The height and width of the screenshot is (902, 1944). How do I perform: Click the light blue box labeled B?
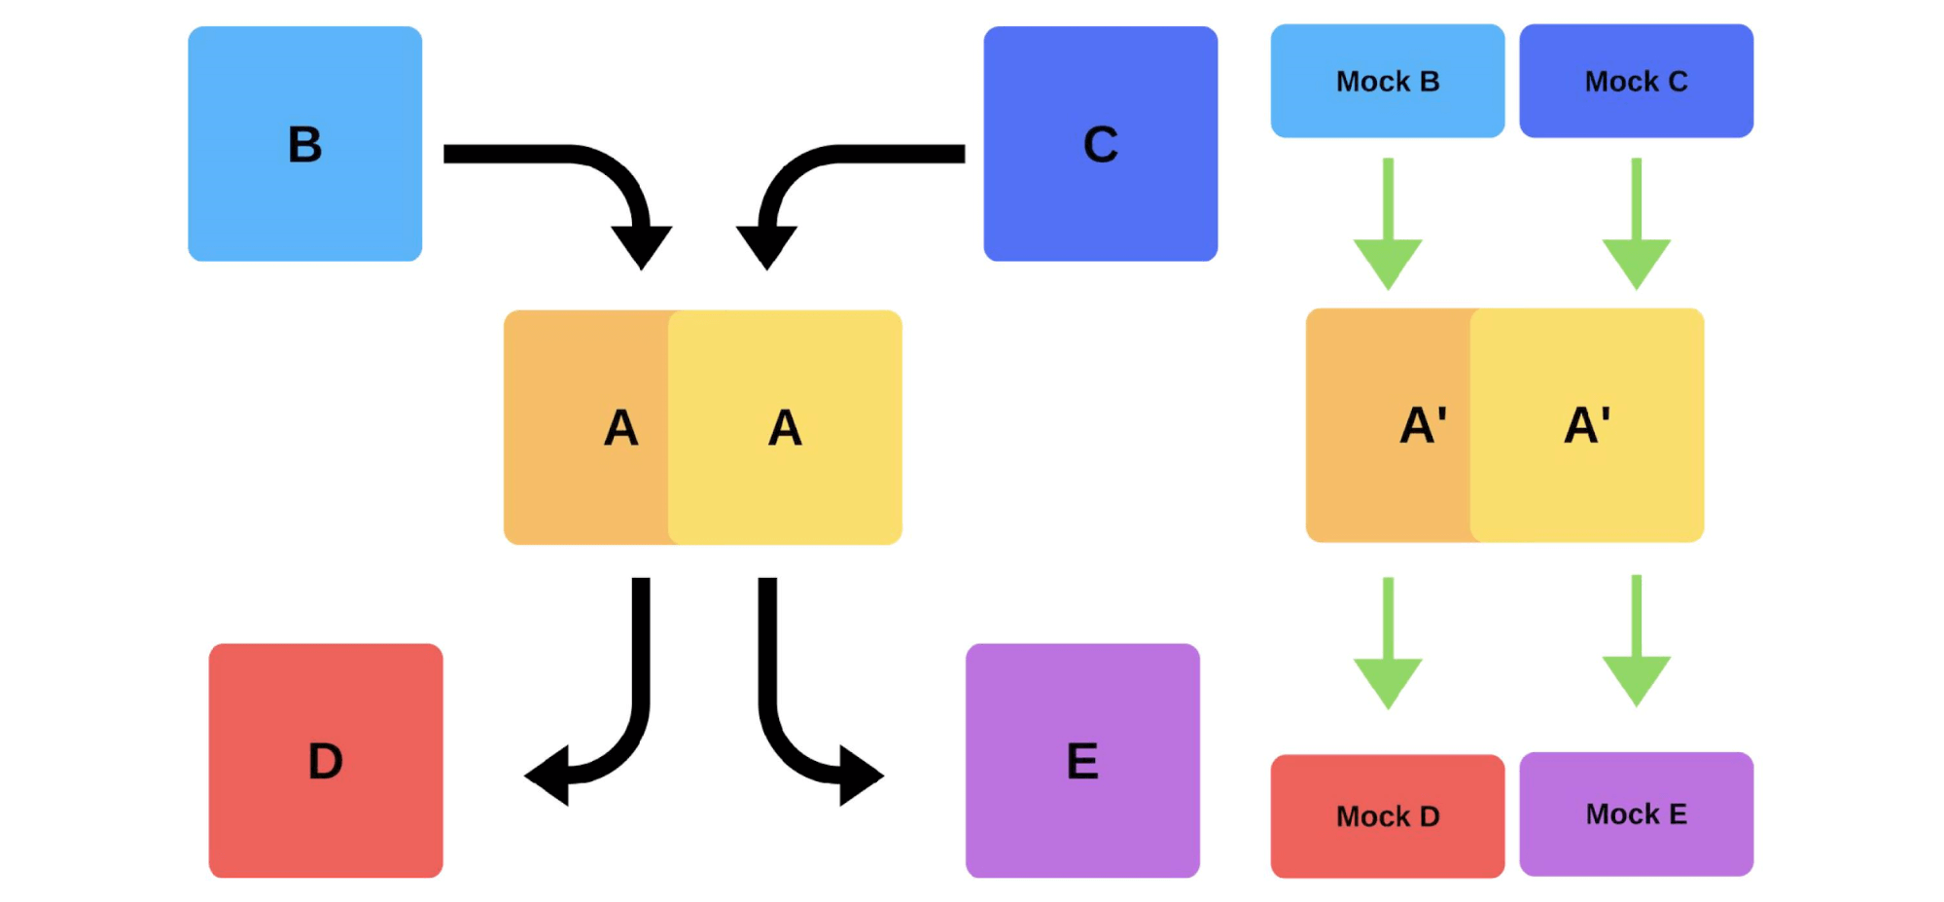coord(304,144)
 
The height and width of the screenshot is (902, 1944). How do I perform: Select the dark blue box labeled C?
coord(1100,144)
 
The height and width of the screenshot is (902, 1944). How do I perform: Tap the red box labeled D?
coord(326,760)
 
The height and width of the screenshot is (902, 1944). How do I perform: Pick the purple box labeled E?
coord(1082,760)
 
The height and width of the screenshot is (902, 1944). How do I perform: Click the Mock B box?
coord(1387,81)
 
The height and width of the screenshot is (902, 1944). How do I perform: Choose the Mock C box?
coord(1636,81)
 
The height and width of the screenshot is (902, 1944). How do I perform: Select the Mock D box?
coord(1387,815)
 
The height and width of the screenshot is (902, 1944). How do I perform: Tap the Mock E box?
coord(1636,813)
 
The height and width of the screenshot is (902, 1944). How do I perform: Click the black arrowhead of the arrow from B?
coord(641,244)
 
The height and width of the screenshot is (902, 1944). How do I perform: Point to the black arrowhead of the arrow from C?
coord(766,244)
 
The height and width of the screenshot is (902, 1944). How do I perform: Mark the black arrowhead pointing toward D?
coord(549,776)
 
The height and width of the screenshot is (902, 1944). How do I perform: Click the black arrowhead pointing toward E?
coord(859,776)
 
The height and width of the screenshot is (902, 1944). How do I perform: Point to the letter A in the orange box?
coord(621,427)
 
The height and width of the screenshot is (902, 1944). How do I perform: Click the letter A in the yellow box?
coord(785,427)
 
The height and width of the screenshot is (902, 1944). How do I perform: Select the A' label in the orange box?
coord(1423,425)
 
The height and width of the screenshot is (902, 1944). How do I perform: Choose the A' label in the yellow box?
coord(1587,425)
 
